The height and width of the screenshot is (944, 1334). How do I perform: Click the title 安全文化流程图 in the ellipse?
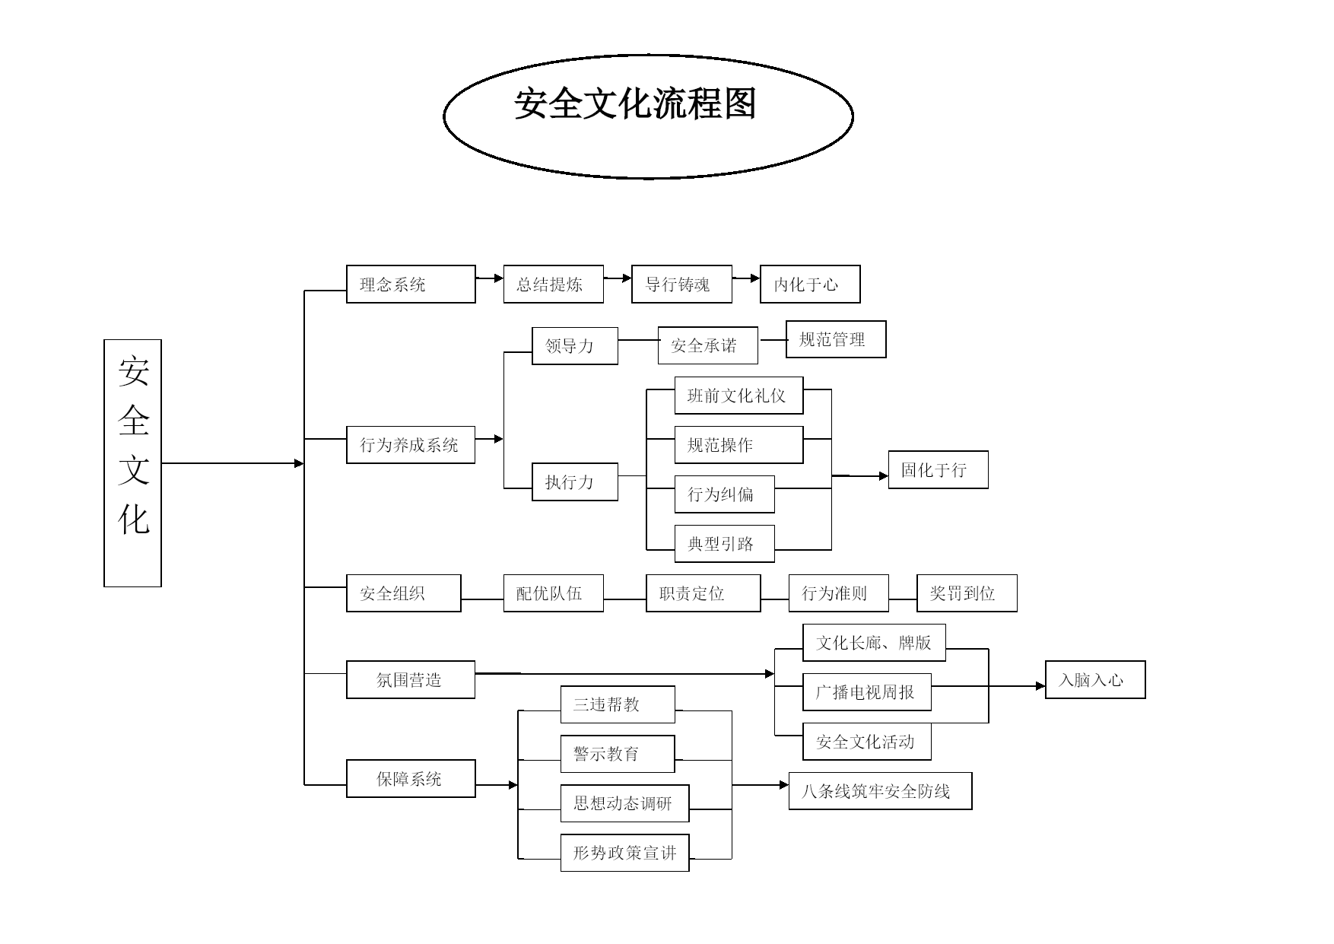point(636,103)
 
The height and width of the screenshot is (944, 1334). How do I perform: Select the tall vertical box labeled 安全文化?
point(132,462)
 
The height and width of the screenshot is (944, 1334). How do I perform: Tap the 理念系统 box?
point(411,284)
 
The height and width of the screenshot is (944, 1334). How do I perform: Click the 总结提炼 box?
point(553,284)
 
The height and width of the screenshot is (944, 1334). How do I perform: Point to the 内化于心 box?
point(810,284)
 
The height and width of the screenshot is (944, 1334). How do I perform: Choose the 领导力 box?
point(574,345)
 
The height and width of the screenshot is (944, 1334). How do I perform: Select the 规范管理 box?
point(836,339)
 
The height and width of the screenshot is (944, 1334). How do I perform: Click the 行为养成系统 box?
point(411,444)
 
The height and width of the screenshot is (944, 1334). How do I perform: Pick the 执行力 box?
point(574,482)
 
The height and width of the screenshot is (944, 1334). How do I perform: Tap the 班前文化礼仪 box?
point(738,395)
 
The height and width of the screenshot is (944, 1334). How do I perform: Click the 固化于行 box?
point(938,469)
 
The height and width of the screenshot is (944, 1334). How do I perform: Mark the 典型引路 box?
point(724,543)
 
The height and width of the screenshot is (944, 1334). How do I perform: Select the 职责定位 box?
point(703,593)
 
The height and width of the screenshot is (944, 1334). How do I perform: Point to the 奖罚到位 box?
point(967,593)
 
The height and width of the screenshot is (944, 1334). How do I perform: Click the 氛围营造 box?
point(411,679)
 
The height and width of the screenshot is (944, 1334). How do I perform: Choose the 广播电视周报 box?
point(866,691)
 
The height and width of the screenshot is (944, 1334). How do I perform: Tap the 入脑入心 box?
point(1095,679)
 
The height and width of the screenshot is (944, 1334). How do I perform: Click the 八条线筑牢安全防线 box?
point(880,790)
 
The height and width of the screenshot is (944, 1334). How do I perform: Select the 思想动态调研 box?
point(624,803)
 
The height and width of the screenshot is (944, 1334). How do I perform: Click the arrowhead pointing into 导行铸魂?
point(627,278)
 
